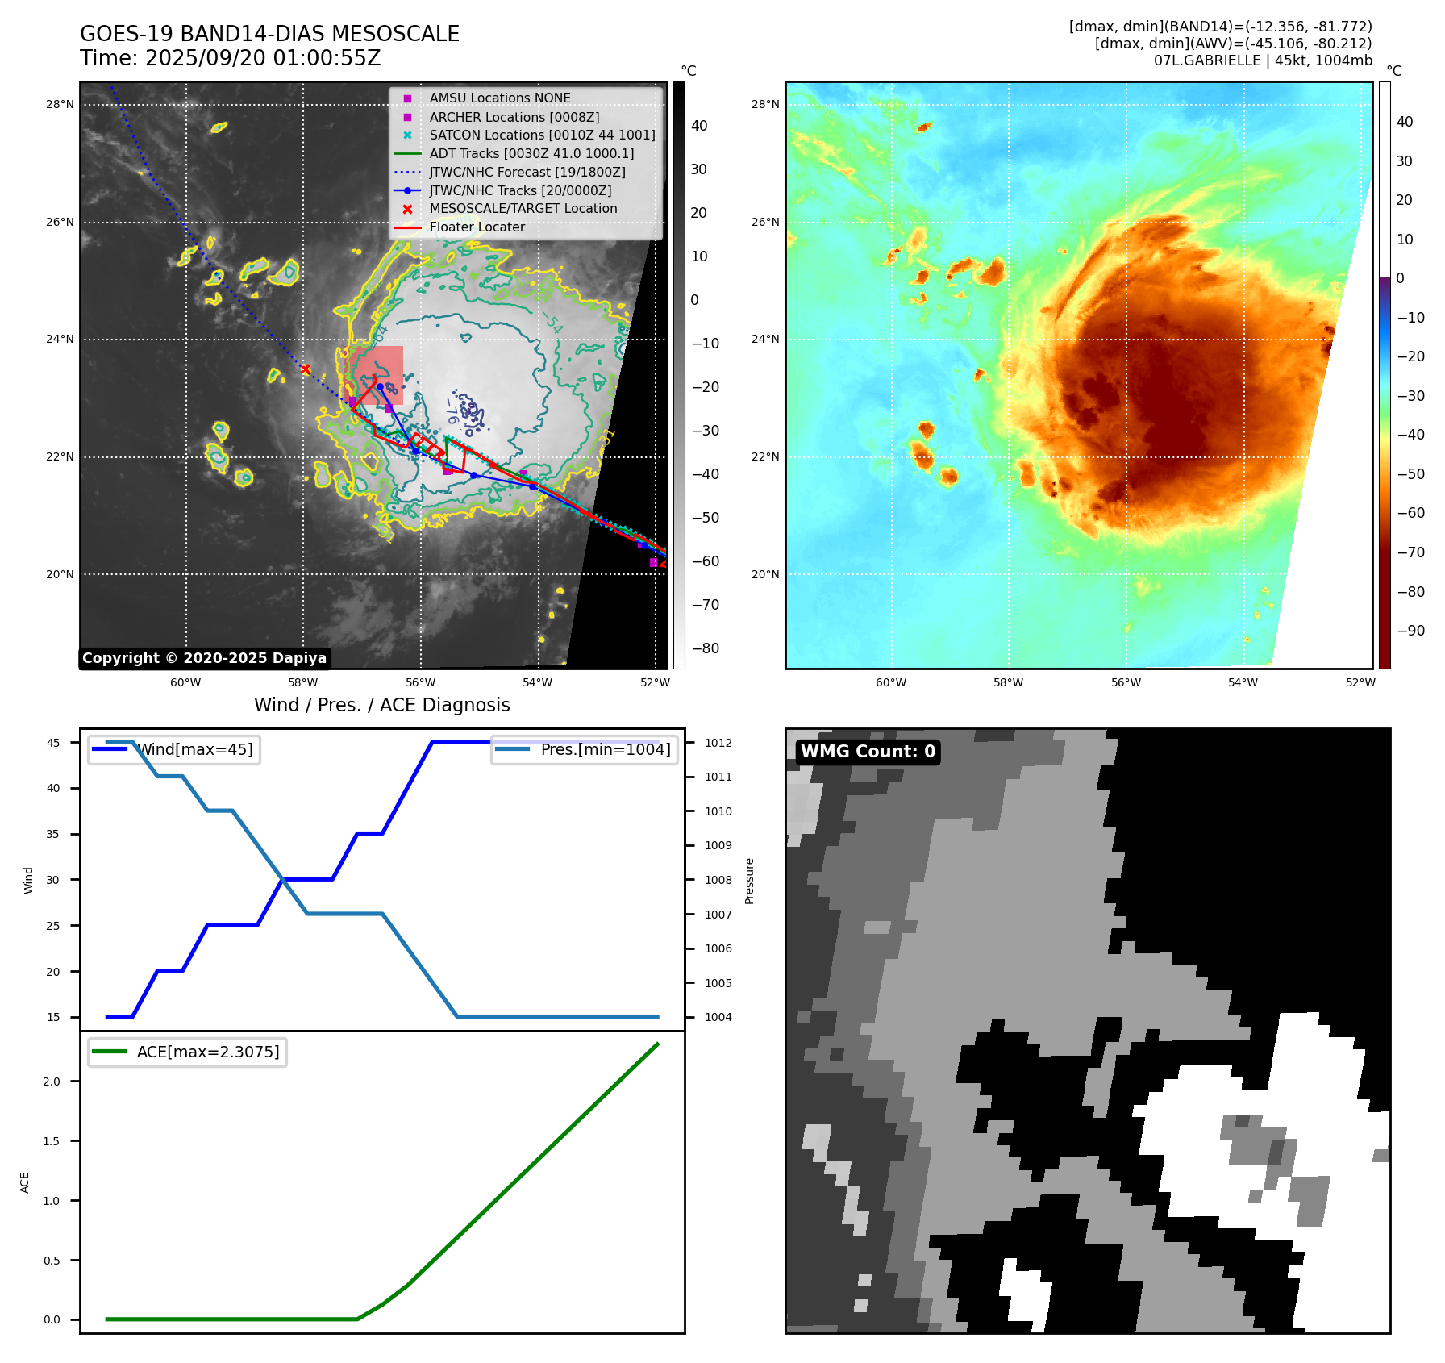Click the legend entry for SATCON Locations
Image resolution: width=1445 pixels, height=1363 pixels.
pyautogui.click(x=542, y=135)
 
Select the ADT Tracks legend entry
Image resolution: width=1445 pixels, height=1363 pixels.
pyautogui.click(x=531, y=153)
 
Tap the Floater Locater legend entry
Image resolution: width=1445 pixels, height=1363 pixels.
pyautogui.click(x=477, y=227)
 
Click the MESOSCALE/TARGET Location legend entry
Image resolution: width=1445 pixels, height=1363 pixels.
pyautogui.click(x=523, y=209)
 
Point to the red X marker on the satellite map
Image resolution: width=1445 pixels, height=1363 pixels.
pyautogui.click(x=306, y=369)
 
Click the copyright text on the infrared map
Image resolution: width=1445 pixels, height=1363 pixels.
pyautogui.click(x=204, y=658)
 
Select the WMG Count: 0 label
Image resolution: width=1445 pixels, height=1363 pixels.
pyautogui.click(x=868, y=752)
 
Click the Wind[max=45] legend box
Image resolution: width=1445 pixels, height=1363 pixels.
pyautogui.click(x=174, y=749)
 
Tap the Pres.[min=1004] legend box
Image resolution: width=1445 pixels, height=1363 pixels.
pyautogui.click(x=584, y=749)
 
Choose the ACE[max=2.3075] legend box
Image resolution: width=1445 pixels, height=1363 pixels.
pyautogui.click(x=187, y=1052)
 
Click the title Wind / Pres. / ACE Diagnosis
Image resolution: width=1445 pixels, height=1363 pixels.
pyautogui.click(x=381, y=705)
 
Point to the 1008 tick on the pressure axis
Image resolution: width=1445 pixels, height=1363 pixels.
pyautogui.click(x=718, y=880)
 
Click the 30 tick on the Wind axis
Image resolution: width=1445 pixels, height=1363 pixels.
pyautogui.click(x=53, y=880)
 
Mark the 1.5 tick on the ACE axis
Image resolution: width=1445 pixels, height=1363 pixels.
pyautogui.click(x=52, y=1141)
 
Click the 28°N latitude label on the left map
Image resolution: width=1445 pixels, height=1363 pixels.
pyautogui.click(x=60, y=104)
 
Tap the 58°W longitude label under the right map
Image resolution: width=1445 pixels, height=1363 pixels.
pyautogui.click(x=1008, y=682)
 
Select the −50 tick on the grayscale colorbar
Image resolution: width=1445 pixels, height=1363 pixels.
pyautogui.click(x=705, y=518)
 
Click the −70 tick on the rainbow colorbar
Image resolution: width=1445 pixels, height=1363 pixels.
pyautogui.click(x=1410, y=552)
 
